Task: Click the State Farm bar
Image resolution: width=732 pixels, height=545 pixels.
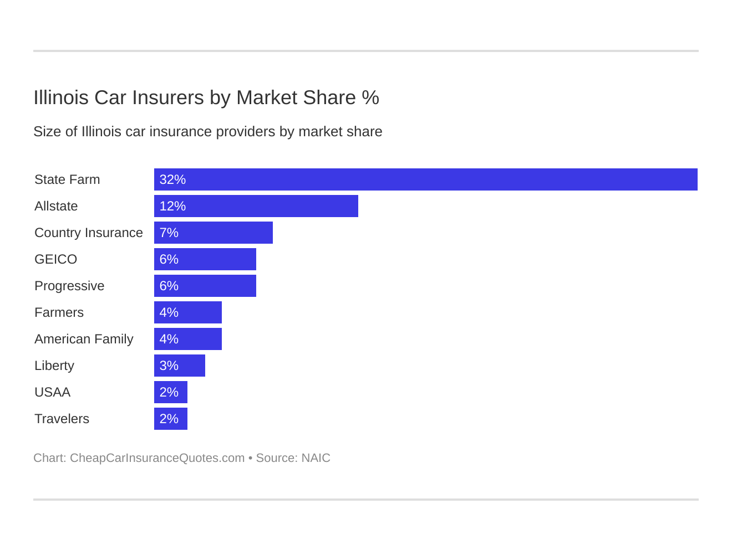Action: pyautogui.click(x=425, y=179)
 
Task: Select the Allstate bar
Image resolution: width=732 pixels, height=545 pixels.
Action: pyautogui.click(x=256, y=206)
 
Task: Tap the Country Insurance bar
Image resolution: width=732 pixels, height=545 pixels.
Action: pyautogui.click(x=213, y=233)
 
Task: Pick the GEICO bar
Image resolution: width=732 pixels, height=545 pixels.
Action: pyautogui.click(x=205, y=259)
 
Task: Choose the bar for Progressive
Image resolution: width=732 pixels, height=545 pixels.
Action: pyautogui.click(x=205, y=286)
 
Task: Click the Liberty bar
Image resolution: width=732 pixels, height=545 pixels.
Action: pyautogui.click(x=179, y=366)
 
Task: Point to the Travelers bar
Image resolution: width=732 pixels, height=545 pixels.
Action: pyautogui.click(x=170, y=419)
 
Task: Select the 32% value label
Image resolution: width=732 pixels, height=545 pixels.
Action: pyautogui.click(x=172, y=179)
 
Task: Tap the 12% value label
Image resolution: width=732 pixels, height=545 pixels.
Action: pyautogui.click(x=172, y=206)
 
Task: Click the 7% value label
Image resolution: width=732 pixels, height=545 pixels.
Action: pyautogui.click(x=169, y=233)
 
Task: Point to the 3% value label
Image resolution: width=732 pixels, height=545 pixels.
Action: pyautogui.click(x=169, y=366)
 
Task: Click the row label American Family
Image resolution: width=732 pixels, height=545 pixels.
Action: pyautogui.click(x=84, y=339)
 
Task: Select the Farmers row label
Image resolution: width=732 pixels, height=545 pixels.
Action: pyautogui.click(x=59, y=312)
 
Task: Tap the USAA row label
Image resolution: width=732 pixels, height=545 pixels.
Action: pyautogui.click(x=52, y=392)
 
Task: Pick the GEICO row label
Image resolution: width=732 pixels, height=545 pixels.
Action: pyautogui.click(x=55, y=259)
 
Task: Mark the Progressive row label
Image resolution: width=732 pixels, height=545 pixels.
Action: pyautogui.click(x=69, y=286)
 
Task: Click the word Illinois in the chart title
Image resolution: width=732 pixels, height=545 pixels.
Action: pyautogui.click(x=61, y=97)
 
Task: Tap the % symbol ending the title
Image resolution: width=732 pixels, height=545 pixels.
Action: pyautogui.click(x=370, y=97)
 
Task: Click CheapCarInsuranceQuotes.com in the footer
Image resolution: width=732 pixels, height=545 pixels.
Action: pyautogui.click(x=157, y=458)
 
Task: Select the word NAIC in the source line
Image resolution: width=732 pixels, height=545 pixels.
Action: pyautogui.click(x=316, y=458)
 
